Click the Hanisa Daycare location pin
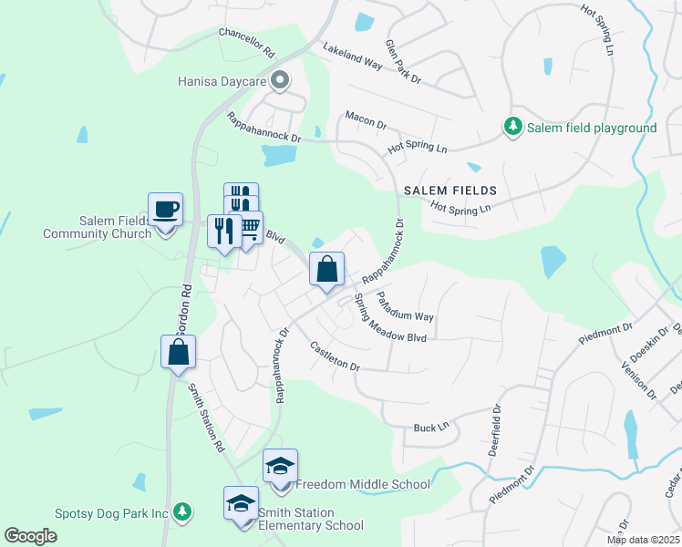pyautogui.click(x=281, y=81)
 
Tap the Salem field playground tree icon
pyautogui.click(x=513, y=128)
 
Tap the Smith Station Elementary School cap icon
pyautogui.click(x=242, y=504)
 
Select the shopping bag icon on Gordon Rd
pyautogui.click(x=178, y=352)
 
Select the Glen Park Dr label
pyautogui.click(x=402, y=62)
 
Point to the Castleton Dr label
pyautogui.click(x=336, y=355)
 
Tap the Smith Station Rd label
pyautogui.click(x=206, y=417)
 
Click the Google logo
pyautogui.click(x=31, y=536)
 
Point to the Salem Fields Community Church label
pyautogui.click(x=97, y=227)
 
